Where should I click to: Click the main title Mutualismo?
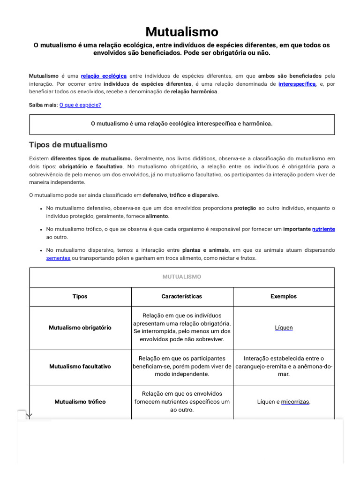pyautogui.click(x=181, y=31)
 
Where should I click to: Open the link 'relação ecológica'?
pyautogui.click(x=104, y=76)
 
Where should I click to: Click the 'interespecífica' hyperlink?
pyautogui.click(x=297, y=84)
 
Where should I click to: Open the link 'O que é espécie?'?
pyautogui.click(x=80, y=105)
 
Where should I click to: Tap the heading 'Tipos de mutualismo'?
pyautogui.click(x=68, y=145)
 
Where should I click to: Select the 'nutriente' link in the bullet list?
pyautogui.click(x=323, y=229)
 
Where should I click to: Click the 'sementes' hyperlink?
pyautogui.click(x=58, y=258)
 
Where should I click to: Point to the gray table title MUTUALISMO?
pyautogui.click(x=182, y=277)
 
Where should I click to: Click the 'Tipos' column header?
pyautogui.click(x=80, y=297)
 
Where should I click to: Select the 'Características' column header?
pyautogui.click(x=182, y=297)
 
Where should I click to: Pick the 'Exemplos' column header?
pyautogui.click(x=284, y=297)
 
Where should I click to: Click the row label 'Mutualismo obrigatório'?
pyautogui.click(x=80, y=328)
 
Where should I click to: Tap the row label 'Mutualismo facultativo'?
pyautogui.click(x=80, y=367)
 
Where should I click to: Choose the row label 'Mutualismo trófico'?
pyautogui.click(x=80, y=402)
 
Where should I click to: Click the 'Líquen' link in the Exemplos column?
pyautogui.click(x=284, y=328)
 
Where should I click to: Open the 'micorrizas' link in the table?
pyautogui.click(x=295, y=402)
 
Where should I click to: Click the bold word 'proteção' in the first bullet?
pyautogui.click(x=245, y=208)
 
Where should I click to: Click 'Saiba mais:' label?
pyautogui.click(x=43, y=105)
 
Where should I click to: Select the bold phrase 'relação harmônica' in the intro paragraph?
pyautogui.click(x=194, y=92)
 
